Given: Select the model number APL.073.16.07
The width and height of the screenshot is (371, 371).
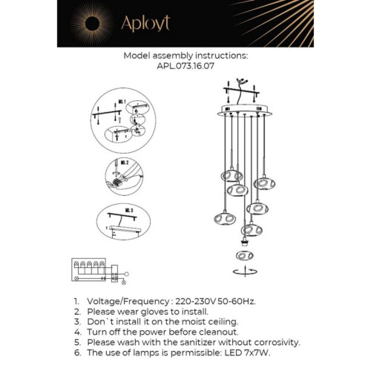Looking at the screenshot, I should pyautogui.click(x=185, y=65).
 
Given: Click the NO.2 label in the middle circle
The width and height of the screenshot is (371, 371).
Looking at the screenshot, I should pyautogui.click(x=125, y=162).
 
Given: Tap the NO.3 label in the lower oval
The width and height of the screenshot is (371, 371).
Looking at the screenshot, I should pyautogui.click(x=127, y=211).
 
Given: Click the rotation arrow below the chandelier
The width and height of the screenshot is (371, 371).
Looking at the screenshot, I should pyautogui.click(x=242, y=272).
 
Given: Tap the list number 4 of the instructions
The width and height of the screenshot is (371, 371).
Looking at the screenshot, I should pyautogui.click(x=76, y=332).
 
